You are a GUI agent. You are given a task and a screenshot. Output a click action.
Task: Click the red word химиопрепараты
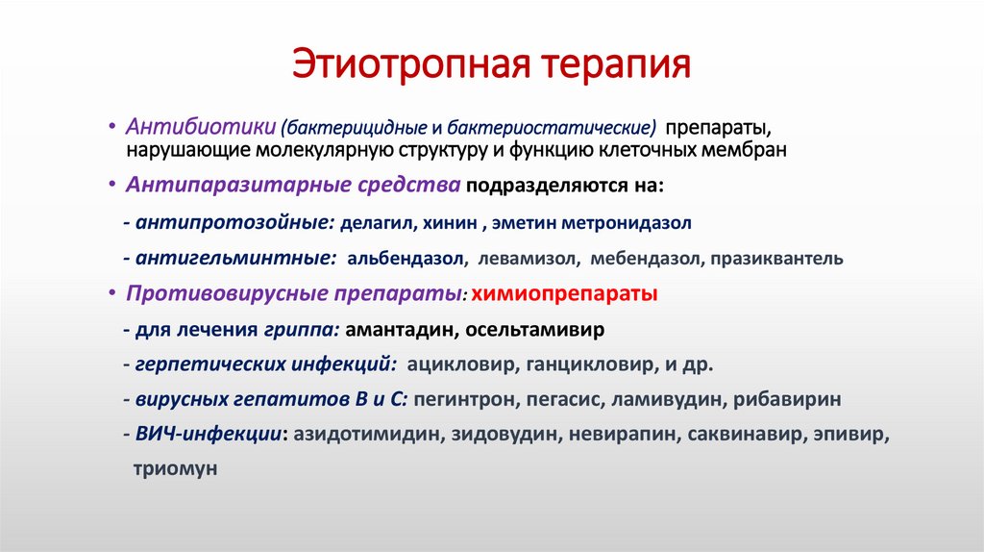pos(566,293)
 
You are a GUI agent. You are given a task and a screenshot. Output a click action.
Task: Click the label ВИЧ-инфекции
pos(209,435)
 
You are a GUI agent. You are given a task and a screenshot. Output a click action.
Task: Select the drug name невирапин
pos(621,435)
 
